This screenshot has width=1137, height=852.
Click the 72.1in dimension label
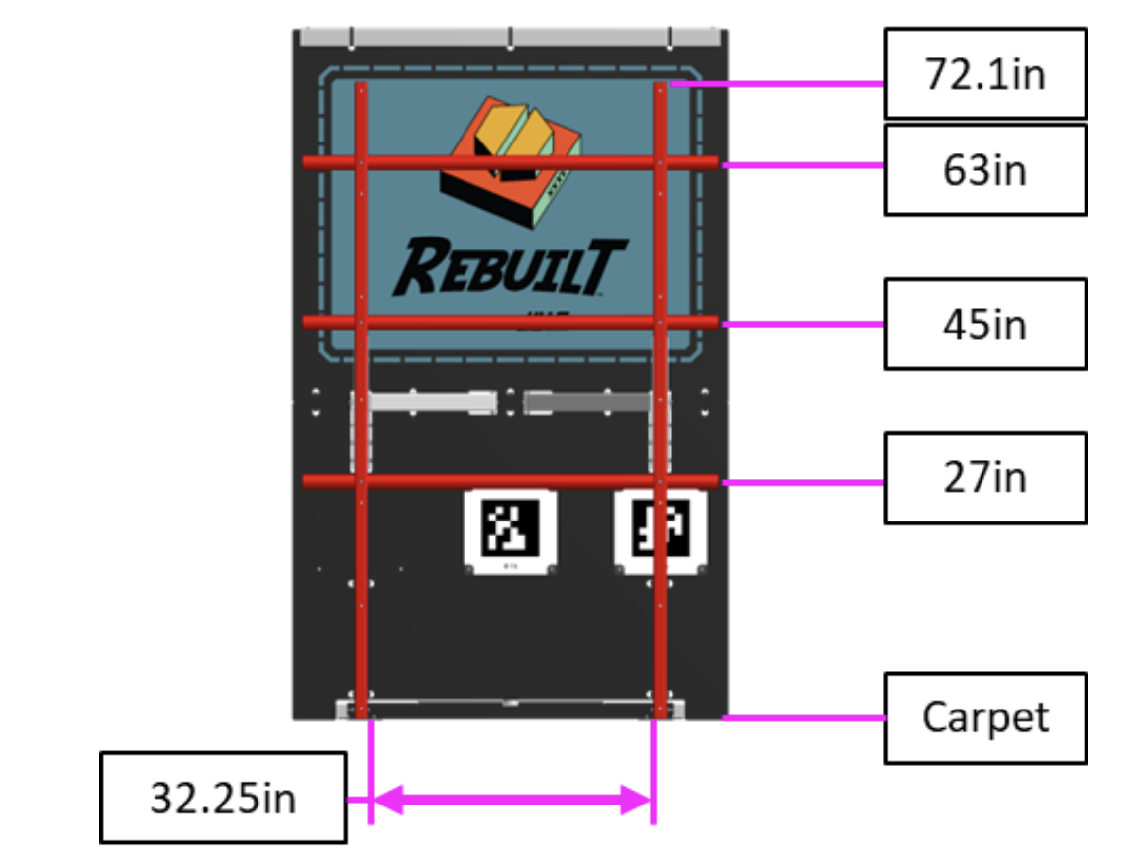(x=984, y=74)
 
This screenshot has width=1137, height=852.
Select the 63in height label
(x=984, y=169)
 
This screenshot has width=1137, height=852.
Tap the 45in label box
(x=984, y=324)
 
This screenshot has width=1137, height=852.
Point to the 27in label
(x=984, y=478)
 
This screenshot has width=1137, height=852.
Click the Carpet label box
(x=984, y=717)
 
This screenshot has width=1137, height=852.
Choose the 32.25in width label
(x=223, y=798)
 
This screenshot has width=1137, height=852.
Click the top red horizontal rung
(x=510, y=162)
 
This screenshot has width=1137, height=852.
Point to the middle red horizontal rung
(x=510, y=322)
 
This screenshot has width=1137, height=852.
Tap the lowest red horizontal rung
(x=510, y=482)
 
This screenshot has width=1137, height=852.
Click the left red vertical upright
(x=362, y=594)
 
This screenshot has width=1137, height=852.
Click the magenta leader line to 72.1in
(x=777, y=85)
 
